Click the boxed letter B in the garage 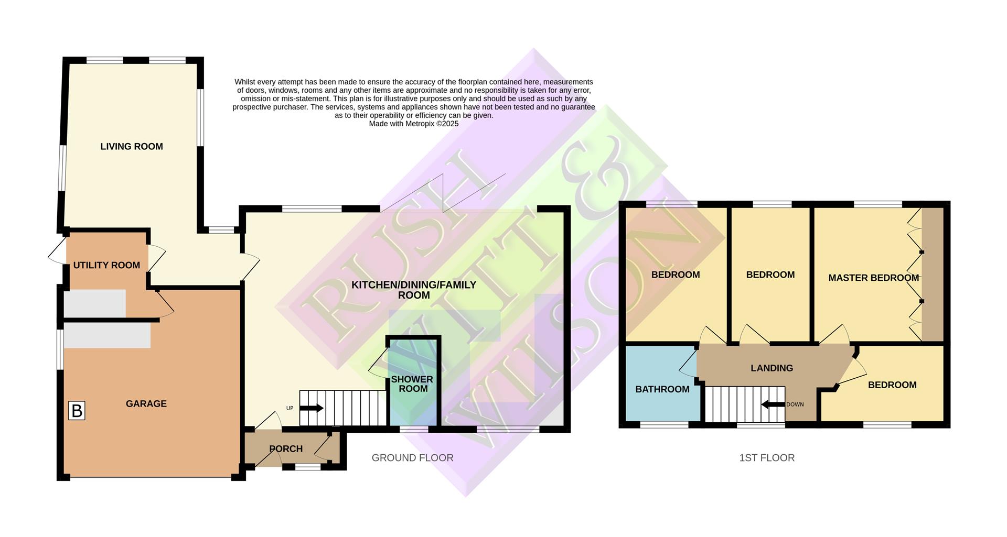point(77,411)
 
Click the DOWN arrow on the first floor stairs point(773,404)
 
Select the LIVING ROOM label point(132,147)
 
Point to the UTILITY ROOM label point(106,265)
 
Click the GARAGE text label point(146,403)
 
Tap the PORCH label point(286,449)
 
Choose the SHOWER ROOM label point(413,384)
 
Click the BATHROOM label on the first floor point(662,389)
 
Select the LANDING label point(772,368)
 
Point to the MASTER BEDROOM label point(873,278)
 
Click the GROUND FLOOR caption point(412,458)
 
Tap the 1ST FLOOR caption point(767,458)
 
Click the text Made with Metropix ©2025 point(413,124)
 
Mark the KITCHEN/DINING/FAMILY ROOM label point(413,290)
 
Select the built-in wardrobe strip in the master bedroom point(933,275)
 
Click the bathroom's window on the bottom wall point(664,425)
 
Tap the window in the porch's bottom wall point(308,466)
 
